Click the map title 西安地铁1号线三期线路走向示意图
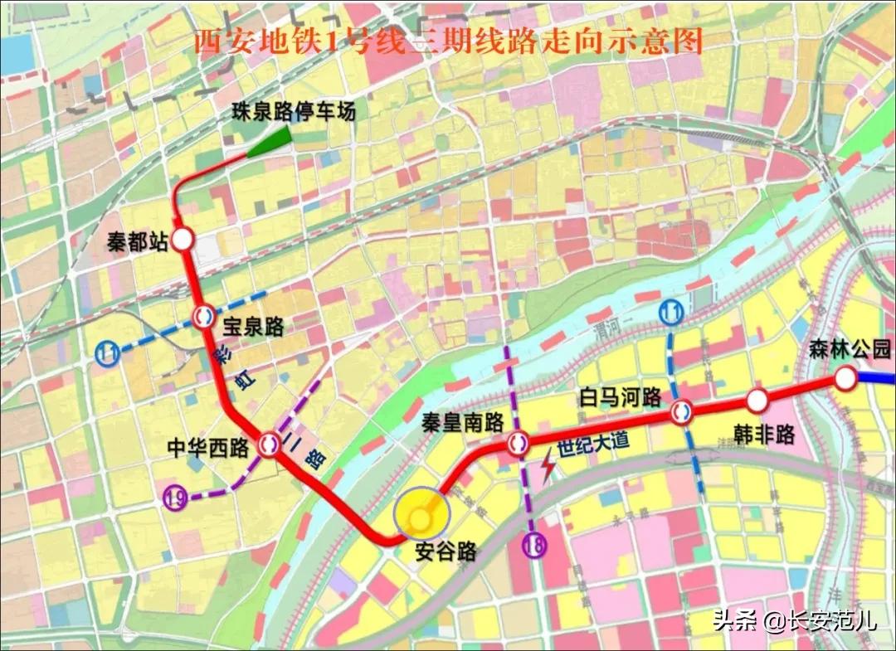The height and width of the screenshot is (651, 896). (x=448, y=41)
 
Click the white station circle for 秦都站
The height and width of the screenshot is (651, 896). (x=183, y=240)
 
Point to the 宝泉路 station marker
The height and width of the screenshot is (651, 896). (x=202, y=316)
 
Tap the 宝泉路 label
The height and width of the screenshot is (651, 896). (x=254, y=328)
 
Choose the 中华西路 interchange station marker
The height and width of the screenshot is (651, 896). (x=269, y=444)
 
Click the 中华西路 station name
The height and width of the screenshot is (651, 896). (x=208, y=449)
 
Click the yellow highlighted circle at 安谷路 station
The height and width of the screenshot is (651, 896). (x=422, y=518)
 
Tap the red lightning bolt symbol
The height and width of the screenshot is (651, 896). (x=548, y=469)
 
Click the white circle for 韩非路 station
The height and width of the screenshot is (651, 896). (x=757, y=401)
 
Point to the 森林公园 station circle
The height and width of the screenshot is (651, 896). (x=845, y=379)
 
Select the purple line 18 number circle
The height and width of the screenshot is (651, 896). (x=533, y=546)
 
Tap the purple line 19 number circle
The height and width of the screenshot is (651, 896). (x=175, y=498)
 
